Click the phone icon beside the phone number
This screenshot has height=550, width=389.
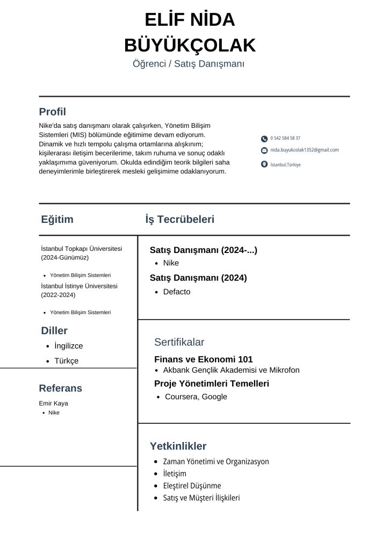pos(264,139)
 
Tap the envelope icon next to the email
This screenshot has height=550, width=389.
pos(264,150)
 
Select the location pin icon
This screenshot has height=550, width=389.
pos(264,164)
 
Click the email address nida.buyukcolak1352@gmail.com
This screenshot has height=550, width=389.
pos(304,150)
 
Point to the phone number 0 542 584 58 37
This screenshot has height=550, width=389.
pos(285,139)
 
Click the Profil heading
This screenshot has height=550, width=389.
pos(52,112)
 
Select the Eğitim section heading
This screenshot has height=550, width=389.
pos(57,219)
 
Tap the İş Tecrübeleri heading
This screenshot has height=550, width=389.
pos(179,219)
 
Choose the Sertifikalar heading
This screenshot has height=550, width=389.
pos(179,342)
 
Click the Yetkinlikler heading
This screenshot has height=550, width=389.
pos(178,446)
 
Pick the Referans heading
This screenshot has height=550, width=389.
pos(60,388)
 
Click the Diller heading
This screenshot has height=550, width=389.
pos(54,330)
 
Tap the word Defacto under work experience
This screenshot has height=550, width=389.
pos(177,292)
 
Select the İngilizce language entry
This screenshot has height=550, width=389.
pos(69,346)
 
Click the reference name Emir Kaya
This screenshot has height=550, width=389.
pos(53,403)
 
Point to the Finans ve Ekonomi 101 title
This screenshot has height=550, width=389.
pos(203,359)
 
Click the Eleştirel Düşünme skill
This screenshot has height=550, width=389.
pos(192,486)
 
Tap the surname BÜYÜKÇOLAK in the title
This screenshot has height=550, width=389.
pos(190,45)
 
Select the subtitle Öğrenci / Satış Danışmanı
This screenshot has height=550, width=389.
pos(189,64)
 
